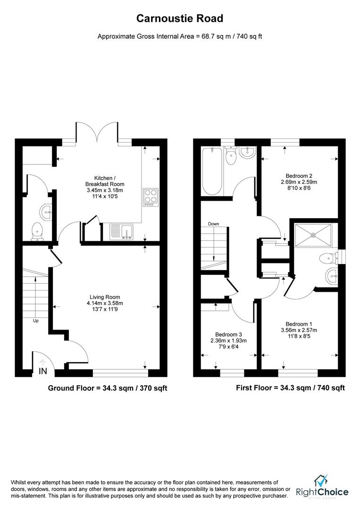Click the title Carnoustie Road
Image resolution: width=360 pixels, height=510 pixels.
180,18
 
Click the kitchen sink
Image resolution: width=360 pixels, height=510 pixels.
122,232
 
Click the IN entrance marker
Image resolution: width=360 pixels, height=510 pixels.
43,372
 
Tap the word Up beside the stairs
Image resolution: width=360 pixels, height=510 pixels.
35,321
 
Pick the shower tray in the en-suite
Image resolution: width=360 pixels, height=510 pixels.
313,235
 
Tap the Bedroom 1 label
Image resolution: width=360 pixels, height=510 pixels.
299,323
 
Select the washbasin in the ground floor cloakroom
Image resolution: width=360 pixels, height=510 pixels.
46,211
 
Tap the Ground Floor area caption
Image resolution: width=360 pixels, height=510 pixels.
108,388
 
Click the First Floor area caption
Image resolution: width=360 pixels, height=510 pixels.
290,388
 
